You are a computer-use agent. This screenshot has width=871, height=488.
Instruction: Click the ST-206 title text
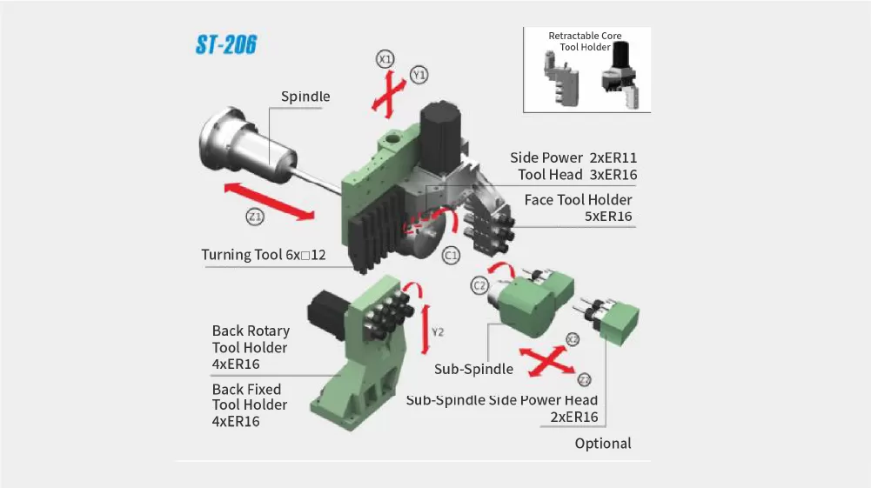(225, 45)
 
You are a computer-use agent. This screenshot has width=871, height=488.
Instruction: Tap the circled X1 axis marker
(385, 59)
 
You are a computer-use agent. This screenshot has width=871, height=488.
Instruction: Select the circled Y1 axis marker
(419, 75)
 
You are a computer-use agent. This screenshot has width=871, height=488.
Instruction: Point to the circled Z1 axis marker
(254, 217)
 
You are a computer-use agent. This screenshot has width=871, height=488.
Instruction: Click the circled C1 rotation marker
(451, 256)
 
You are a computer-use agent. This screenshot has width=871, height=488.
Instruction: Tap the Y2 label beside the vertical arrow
(439, 332)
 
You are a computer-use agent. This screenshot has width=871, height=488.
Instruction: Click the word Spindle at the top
(305, 97)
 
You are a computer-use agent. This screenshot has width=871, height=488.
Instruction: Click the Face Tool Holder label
(578, 200)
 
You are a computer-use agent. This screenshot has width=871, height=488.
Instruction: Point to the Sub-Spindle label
(473, 369)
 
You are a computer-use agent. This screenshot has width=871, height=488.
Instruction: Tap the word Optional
(602, 444)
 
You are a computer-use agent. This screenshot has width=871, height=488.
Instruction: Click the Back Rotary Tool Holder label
(251, 347)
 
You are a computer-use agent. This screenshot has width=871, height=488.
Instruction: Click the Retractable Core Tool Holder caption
(585, 41)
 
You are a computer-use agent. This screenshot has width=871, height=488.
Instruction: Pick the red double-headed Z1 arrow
(270, 202)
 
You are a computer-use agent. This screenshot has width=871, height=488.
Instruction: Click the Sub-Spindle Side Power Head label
(502, 400)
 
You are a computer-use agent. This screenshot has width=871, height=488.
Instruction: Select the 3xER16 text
(613, 175)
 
